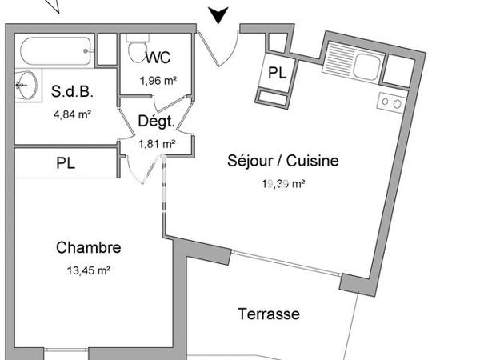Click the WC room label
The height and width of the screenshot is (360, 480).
(x=157, y=58)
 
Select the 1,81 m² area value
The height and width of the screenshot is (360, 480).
(x=156, y=144)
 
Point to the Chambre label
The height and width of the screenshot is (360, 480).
(x=88, y=248)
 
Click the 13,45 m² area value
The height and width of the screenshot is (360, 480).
(x=88, y=270)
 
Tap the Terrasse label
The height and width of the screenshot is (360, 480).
(x=269, y=314)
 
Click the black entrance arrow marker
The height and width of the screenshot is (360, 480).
(x=218, y=14)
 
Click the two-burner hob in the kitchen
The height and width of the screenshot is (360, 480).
(x=391, y=102)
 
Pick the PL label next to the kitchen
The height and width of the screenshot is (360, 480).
(x=278, y=73)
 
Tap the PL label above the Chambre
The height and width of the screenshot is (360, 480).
(x=66, y=163)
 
